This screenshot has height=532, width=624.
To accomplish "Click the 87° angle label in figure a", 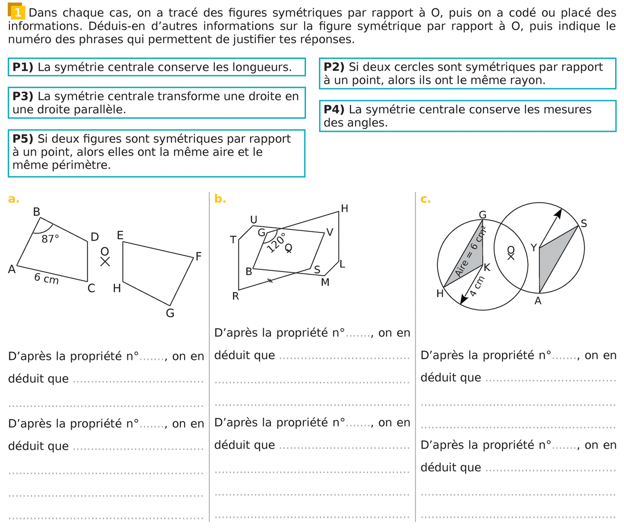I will [50, 239].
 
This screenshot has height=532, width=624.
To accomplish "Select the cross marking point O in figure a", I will [105, 262].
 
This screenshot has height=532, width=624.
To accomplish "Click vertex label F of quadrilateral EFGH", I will [198, 256].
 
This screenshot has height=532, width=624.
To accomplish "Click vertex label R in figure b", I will [236, 297].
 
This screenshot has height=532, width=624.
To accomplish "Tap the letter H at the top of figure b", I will [344, 209].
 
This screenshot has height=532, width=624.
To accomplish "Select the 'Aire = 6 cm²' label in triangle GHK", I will [470, 253].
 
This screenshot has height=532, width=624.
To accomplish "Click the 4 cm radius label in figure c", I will [477, 287].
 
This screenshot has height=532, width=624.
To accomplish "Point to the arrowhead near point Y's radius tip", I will [558, 213].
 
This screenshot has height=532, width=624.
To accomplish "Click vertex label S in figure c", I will [583, 224].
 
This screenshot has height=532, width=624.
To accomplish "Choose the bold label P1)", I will [23, 67].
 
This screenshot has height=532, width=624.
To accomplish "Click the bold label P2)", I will [334, 67].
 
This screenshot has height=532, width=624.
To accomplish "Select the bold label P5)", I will [23, 139].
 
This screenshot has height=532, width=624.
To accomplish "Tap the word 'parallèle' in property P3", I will [104, 110].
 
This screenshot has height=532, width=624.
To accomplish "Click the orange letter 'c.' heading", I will [425, 199].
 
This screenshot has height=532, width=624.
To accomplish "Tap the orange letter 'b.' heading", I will [220, 199].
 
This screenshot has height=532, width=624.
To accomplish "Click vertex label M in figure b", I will [325, 282].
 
